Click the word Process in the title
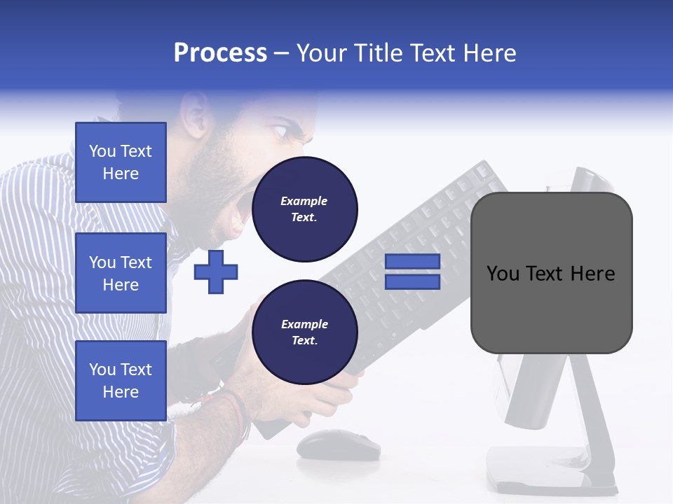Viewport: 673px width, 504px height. pos(220,53)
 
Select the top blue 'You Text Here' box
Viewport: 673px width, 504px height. pos(121,162)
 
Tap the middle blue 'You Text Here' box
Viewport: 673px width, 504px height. pos(121,273)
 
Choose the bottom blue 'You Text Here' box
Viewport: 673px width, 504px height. pos(121,381)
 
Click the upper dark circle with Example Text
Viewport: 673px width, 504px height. pos(304,209)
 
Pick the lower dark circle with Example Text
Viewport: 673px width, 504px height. pos(304,332)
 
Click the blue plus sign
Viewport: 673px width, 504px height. pos(216,271)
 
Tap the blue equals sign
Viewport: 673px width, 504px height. pos(412,272)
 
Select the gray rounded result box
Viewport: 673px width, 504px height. pos(551,273)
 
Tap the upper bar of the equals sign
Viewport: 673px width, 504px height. pos(412,262)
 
